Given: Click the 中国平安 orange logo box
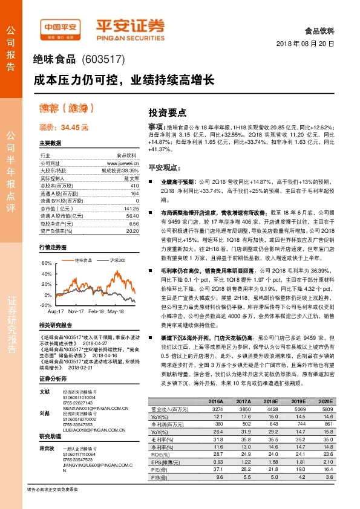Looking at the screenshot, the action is point(61,27).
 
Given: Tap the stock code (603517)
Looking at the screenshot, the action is point(102,60).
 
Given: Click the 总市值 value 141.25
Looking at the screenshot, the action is point(131,207).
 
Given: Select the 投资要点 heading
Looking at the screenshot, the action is point(168,112).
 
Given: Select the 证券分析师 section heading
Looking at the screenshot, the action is point(51,379).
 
